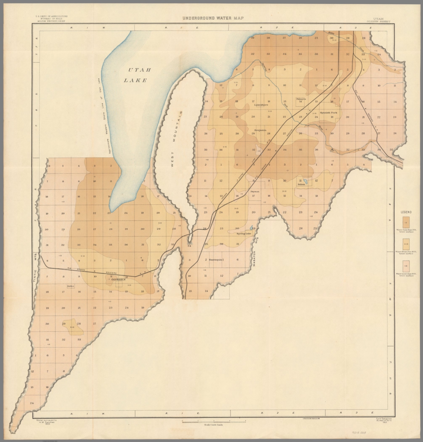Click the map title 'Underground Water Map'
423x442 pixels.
point(213,18)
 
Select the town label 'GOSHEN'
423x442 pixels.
point(118,279)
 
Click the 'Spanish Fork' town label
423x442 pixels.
point(328,113)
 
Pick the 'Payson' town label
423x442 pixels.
point(255,191)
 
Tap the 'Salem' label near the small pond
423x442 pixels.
point(301,184)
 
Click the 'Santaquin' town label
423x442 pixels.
point(216,260)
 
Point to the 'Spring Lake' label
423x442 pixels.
point(244,234)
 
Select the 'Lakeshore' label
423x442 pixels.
point(261,105)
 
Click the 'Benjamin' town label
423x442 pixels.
point(260,130)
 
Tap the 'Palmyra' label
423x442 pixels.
point(301,99)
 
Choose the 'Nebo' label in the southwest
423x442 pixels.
point(70,286)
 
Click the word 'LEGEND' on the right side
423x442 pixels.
point(406,212)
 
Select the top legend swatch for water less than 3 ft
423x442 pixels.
point(406,222)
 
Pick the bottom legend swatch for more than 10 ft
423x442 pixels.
point(406,266)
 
